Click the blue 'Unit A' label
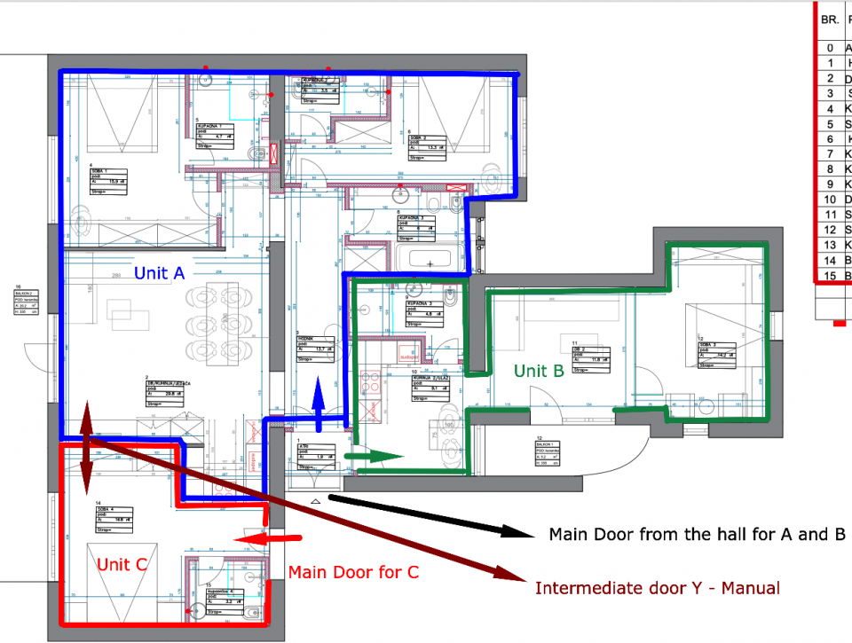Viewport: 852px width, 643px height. (159, 273)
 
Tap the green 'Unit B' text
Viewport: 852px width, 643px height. (539, 371)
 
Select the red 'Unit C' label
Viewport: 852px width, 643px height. (122, 564)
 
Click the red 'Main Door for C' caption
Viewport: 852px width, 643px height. (352, 572)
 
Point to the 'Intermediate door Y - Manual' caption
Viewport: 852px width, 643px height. (658, 588)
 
